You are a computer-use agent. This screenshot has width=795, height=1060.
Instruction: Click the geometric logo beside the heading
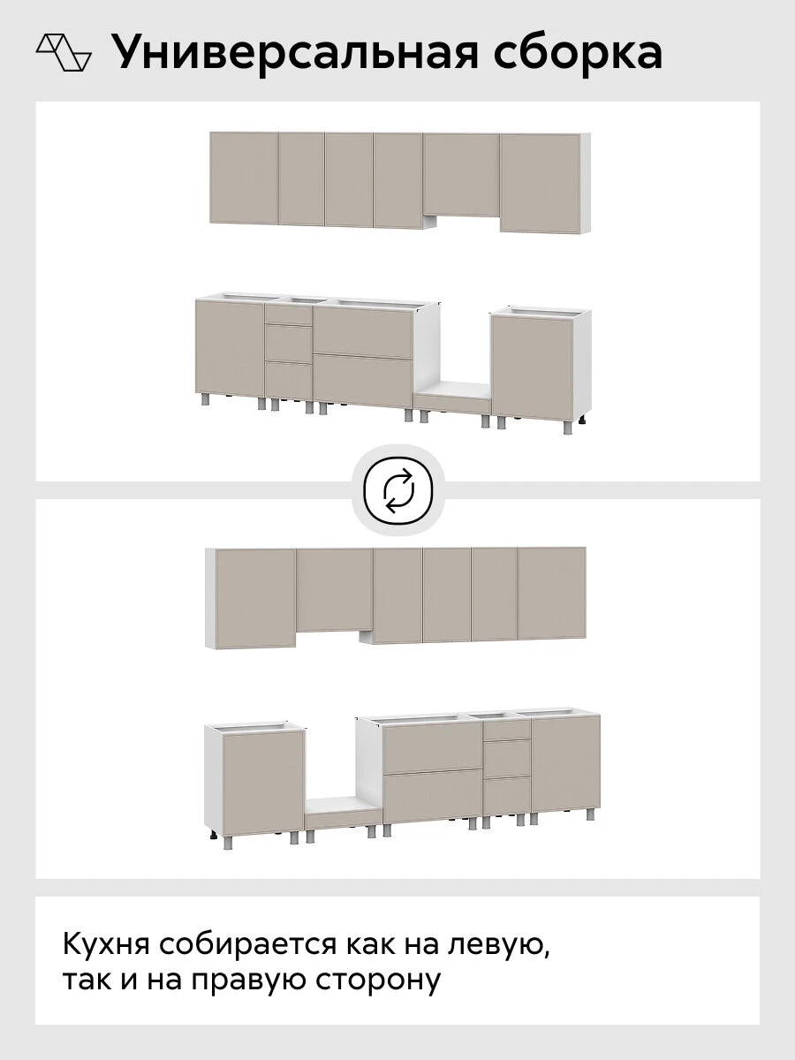click(64, 52)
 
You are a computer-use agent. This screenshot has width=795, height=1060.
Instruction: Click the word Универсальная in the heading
click(294, 53)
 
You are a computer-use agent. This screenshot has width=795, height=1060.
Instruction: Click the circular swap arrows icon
click(398, 490)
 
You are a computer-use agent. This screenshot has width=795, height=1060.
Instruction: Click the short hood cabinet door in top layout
click(461, 174)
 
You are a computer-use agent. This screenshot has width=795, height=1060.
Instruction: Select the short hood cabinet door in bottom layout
click(334, 590)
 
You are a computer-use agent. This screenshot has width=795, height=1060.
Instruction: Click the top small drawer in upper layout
click(289, 314)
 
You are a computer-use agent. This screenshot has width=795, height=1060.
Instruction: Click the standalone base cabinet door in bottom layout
click(263, 783)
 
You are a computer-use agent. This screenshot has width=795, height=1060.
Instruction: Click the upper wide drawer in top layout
click(363, 332)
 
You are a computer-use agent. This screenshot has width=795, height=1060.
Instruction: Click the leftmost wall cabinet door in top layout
click(244, 178)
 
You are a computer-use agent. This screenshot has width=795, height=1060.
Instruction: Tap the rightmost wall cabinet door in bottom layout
click(552, 593)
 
